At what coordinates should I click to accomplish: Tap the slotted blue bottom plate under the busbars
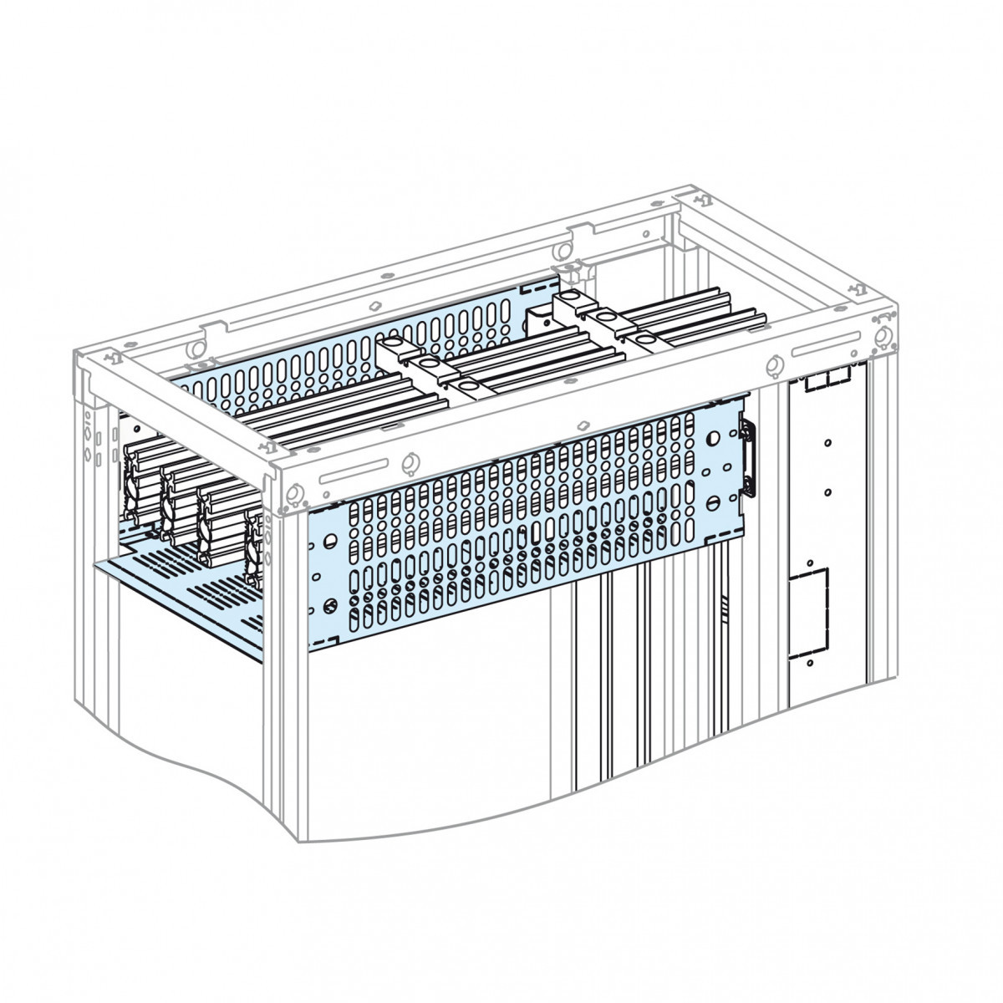tap(192, 585)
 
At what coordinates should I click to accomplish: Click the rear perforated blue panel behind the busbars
tap(351, 351)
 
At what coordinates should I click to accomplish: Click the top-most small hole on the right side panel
tap(826, 443)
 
